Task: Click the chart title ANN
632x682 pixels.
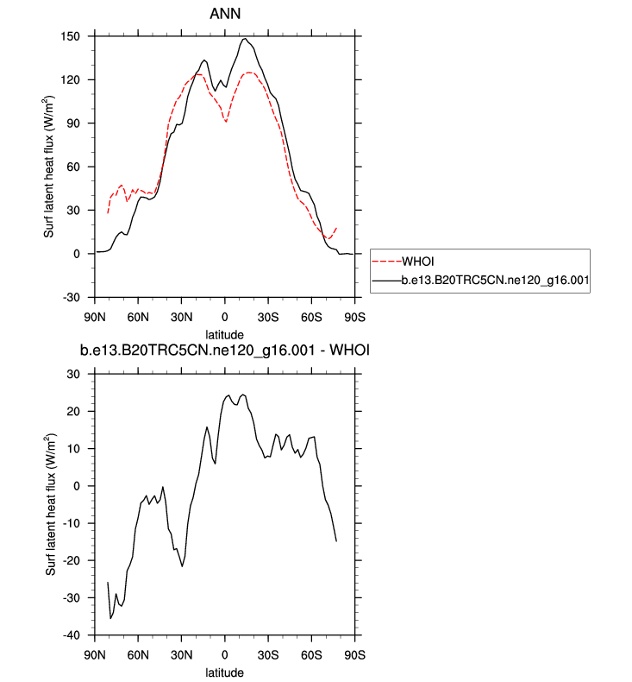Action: pyautogui.click(x=225, y=14)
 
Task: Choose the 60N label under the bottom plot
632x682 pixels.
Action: pyautogui.click(x=139, y=654)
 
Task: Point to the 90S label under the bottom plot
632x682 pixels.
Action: pyautogui.click(x=354, y=654)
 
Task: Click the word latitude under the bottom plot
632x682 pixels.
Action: pyautogui.click(x=225, y=672)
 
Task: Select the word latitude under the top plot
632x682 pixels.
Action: pyautogui.click(x=225, y=333)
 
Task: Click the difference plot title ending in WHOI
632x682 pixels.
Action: pyautogui.click(x=225, y=350)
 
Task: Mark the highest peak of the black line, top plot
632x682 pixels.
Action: pyautogui.click(x=246, y=39)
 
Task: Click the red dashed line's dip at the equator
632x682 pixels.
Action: pyautogui.click(x=226, y=122)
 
